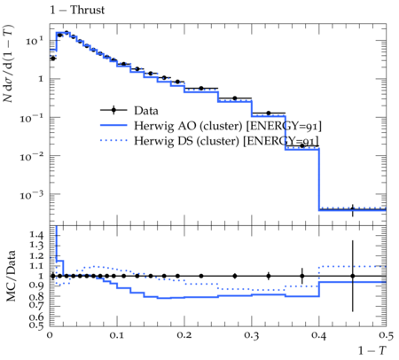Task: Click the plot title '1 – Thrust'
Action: tap(77, 10)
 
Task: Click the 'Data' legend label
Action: tap(146, 111)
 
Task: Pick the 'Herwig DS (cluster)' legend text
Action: tap(186, 141)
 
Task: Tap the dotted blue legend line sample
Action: tap(113, 140)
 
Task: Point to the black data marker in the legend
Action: tap(113, 110)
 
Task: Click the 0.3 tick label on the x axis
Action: tap(252, 335)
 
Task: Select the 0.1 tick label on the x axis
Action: tap(117, 335)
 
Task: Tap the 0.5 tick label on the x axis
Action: tap(386, 335)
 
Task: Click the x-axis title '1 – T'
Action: tap(372, 350)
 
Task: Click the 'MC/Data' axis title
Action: tap(11, 276)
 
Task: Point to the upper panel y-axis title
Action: tap(8, 63)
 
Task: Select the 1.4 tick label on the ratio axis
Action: tap(36, 235)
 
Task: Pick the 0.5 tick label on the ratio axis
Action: tap(36, 325)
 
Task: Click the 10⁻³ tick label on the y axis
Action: tap(32, 195)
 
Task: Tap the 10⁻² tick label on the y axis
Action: tap(32, 156)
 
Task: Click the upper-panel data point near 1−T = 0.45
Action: tap(352, 209)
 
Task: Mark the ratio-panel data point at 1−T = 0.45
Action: tap(352, 276)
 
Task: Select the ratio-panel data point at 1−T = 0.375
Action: tap(301, 276)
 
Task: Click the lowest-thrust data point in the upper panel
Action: tap(53, 59)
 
